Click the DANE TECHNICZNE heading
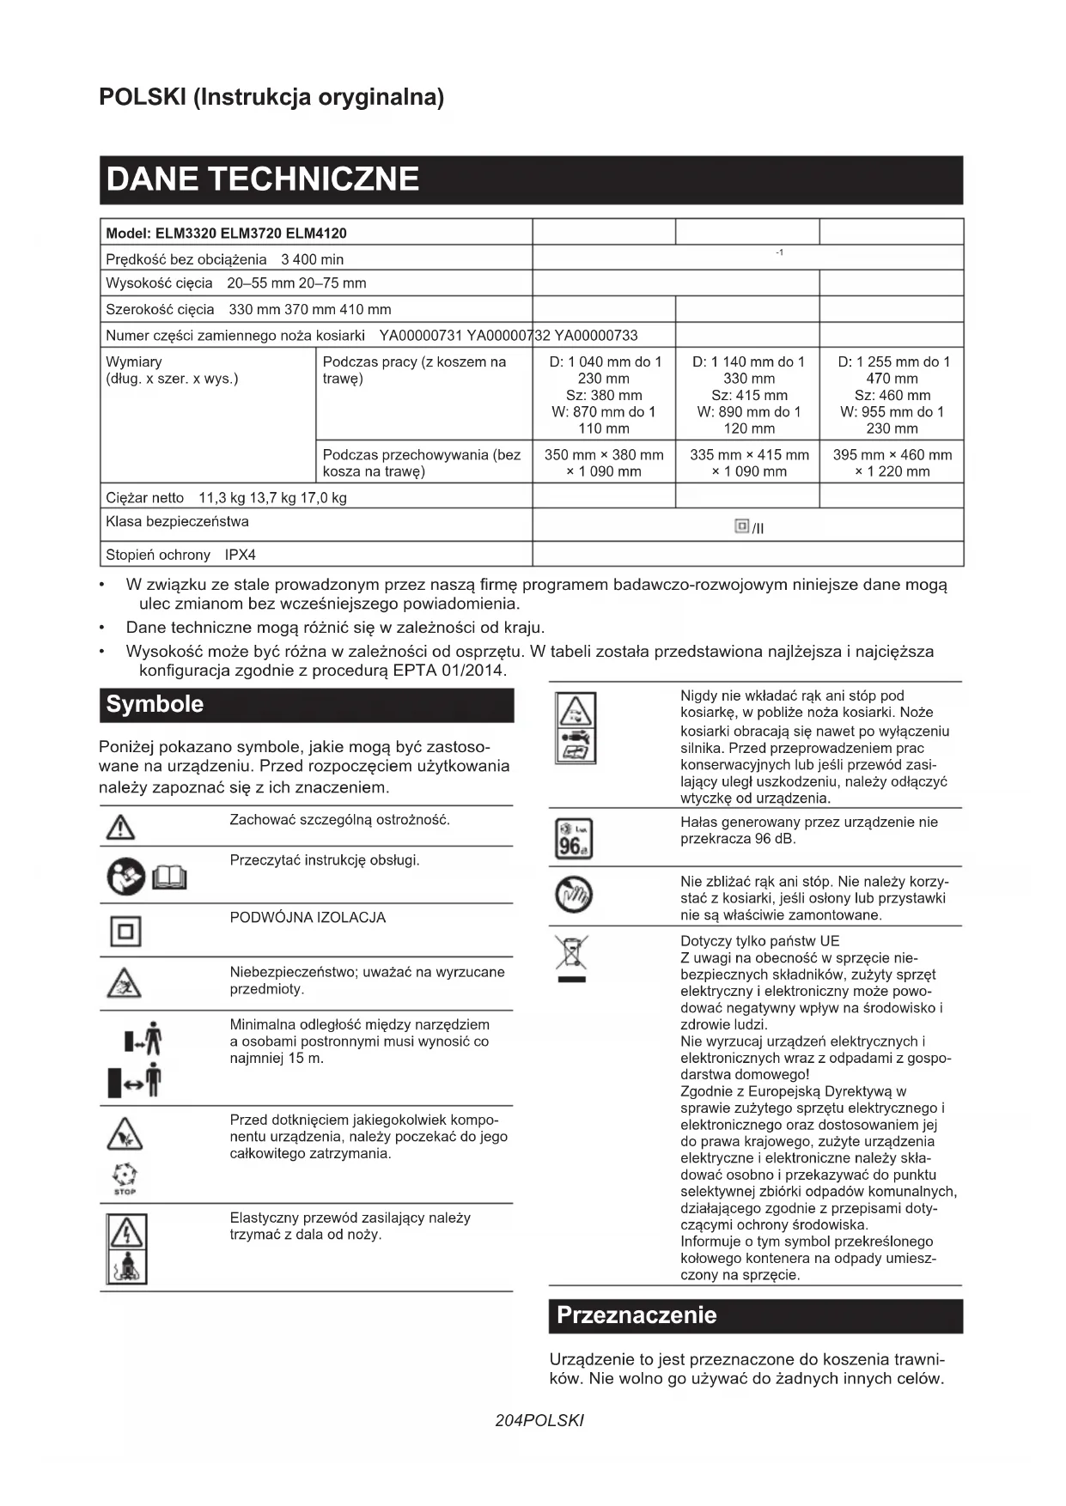pyautogui.click(x=263, y=179)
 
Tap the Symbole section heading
pyautogui.click(x=155, y=705)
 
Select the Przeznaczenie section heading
pyautogui.click(x=636, y=1315)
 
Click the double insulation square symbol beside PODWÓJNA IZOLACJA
pyautogui.click(x=125, y=932)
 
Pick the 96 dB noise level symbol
pyautogui.click(x=574, y=839)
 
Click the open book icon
pyautogui.click(x=169, y=877)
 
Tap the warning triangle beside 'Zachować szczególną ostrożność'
pyautogui.click(x=120, y=827)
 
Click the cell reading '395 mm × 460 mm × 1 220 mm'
pyautogui.click(x=892, y=463)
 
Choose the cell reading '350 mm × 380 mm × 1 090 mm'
pyautogui.click(x=604, y=463)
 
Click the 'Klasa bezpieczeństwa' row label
pyautogui.click(x=178, y=522)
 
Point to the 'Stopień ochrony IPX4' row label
pyautogui.click(x=181, y=555)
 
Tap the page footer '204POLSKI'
pyautogui.click(x=539, y=1420)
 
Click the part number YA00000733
pyautogui.click(x=596, y=336)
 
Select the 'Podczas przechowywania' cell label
pyautogui.click(x=422, y=463)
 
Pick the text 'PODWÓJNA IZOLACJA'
pyautogui.click(x=308, y=918)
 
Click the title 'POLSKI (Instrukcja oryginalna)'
pyautogui.click(x=271, y=97)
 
